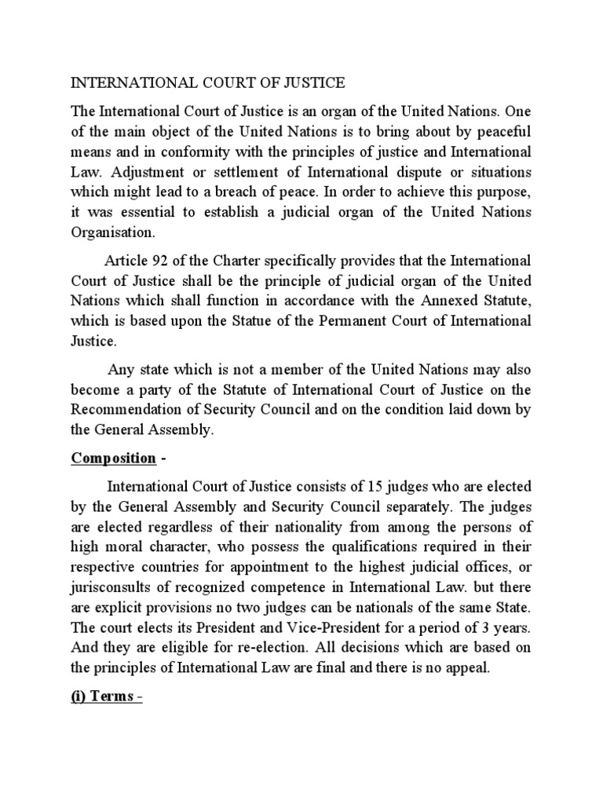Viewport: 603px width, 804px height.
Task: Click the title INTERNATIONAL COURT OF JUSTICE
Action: point(208,82)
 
